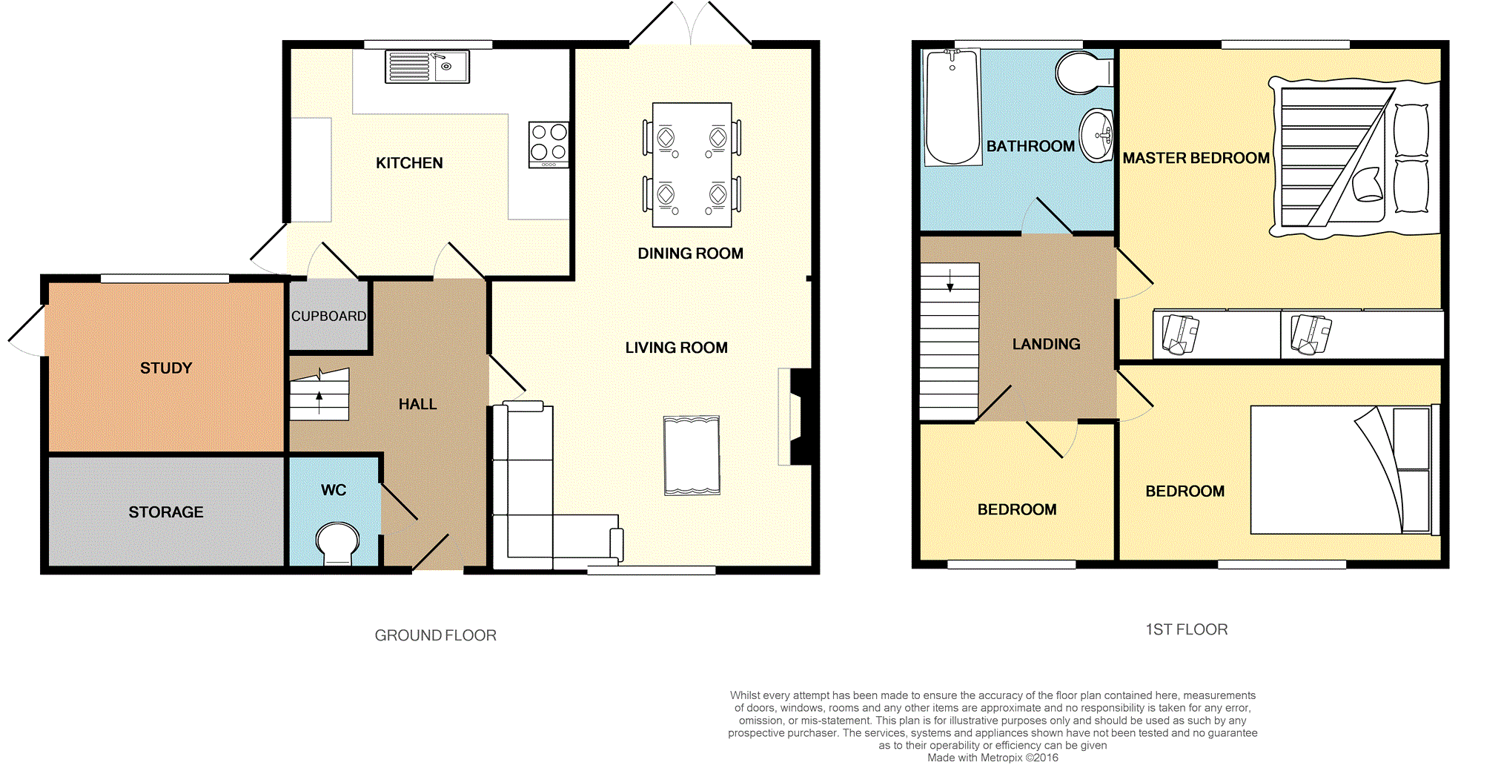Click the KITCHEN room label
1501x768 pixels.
click(409, 163)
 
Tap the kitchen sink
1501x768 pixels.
click(427, 67)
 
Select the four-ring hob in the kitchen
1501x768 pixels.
click(549, 145)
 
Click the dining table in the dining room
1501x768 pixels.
click(692, 165)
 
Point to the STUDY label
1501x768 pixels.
click(166, 368)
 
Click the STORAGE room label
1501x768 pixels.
click(166, 512)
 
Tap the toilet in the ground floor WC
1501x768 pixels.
click(337, 545)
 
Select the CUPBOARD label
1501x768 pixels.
click(328, 316)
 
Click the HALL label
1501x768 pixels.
click(418, 404)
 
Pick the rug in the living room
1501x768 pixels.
click(692, 455)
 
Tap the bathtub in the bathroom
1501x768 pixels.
click(952, 107)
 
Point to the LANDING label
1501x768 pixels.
click(1047, 344)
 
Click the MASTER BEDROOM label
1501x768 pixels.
click(1196, 158)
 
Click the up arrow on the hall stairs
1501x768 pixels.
click(319, 403)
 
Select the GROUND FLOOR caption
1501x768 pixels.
click(436, 635)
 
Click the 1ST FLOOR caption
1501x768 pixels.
click(1187, 629)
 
